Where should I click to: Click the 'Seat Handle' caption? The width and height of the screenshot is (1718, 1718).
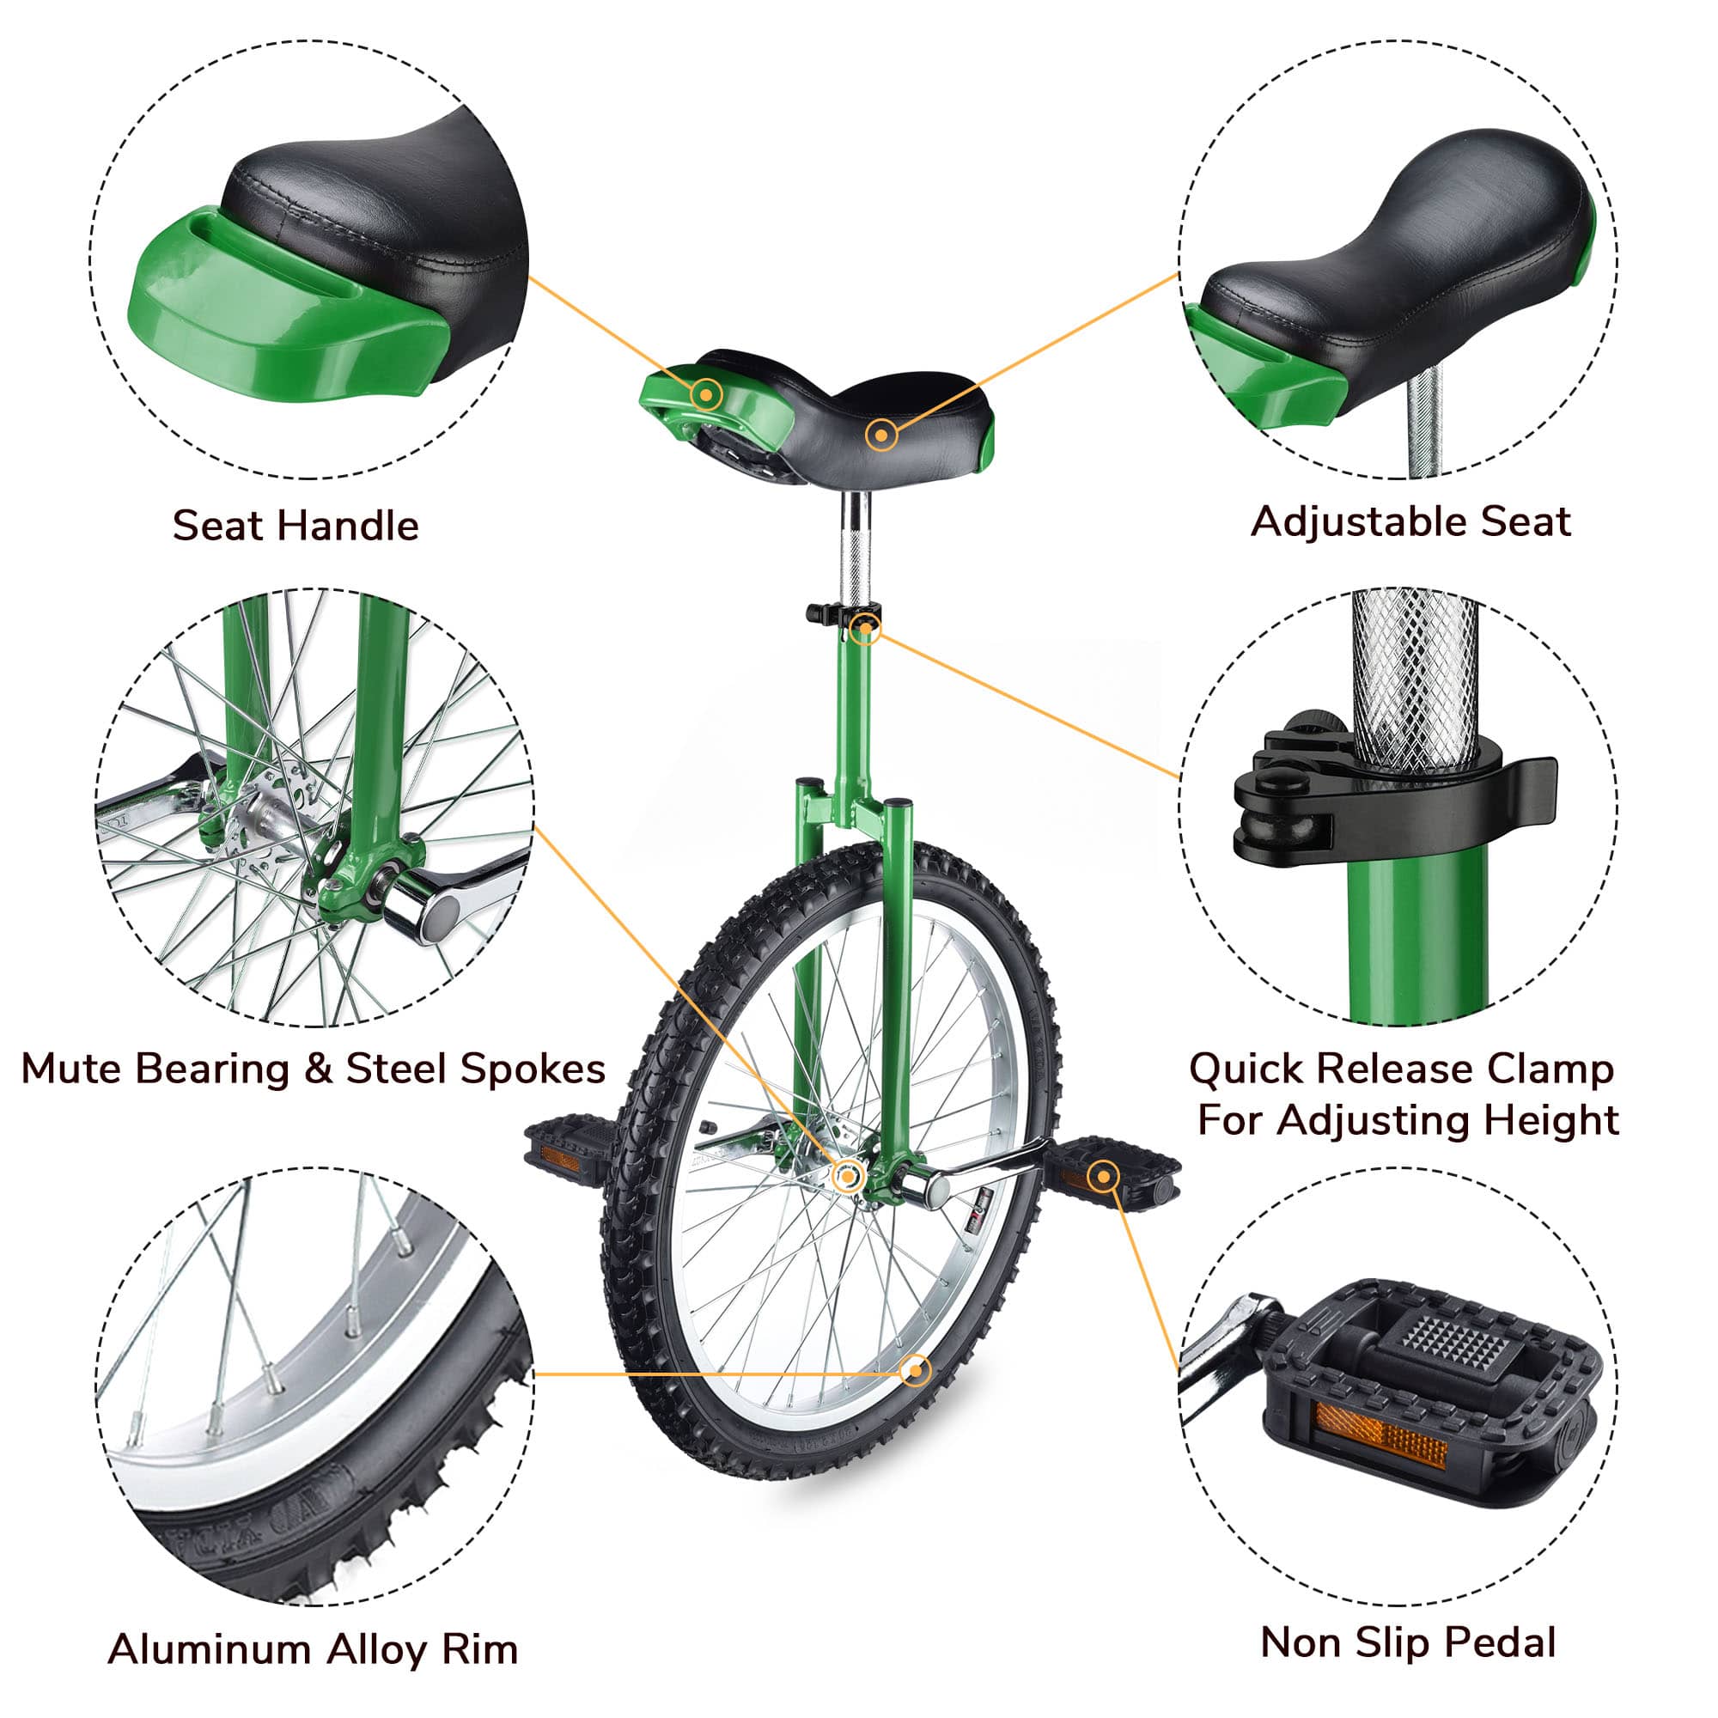point(295,526)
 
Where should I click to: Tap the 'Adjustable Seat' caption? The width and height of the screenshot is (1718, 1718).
point(1410,521)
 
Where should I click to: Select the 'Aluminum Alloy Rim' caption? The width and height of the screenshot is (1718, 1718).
point(313,1648)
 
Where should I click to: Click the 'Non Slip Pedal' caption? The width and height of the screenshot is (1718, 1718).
point(1408,1642)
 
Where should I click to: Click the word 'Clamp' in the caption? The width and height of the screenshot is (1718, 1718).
point(1544,1068)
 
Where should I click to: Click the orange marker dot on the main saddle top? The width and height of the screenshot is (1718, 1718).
point(880,435)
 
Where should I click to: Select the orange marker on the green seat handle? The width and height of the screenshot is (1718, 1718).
point(707,393)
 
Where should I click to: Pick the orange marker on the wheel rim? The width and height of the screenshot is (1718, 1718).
point(915,1370)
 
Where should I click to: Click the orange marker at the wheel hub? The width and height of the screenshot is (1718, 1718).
point(848,1177)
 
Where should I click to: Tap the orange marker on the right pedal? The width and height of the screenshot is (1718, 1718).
point(1103,1177)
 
